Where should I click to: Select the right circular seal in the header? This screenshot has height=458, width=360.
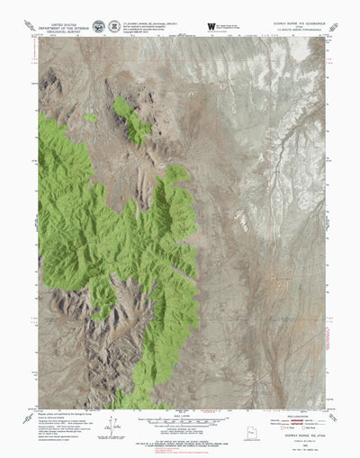click(114, 26)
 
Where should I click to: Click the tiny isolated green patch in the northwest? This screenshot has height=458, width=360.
click(90, 117)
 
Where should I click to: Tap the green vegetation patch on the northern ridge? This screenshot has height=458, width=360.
click(134, 121)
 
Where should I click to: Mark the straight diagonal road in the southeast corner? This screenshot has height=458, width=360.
click(297, 360)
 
